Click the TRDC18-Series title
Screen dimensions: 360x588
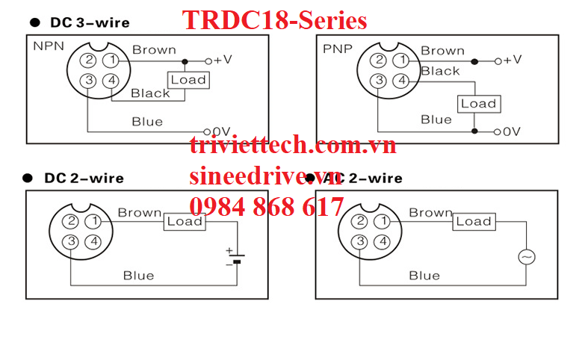click(x=274, y=20)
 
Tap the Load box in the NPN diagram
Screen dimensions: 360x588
click(x=188, y=79)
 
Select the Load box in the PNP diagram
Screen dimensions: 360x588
click(x=478, y=104)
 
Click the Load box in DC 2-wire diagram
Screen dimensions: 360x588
click(x=185, y=221)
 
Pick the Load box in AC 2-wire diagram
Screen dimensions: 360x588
click(x=474, y=221)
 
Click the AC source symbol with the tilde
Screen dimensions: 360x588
click(x=527, y=257)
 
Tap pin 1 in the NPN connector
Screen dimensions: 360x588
click(x=111, y=60)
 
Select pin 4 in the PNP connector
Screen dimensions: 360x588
click(x=401, y=81)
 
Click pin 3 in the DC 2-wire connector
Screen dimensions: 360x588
click(x=71, y=241)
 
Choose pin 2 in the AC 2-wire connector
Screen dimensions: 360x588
click(x=361, y=221)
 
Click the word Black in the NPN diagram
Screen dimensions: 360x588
click(x=150, y=93)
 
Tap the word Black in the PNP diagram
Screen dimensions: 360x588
click(x=440, y=72)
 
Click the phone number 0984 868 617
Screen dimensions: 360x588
click(x=267, y=206)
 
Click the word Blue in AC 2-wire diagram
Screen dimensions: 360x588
click(x=424, y=276)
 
